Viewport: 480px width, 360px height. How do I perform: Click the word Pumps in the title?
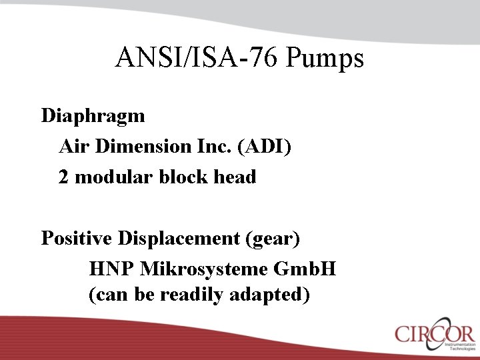coord(325,59)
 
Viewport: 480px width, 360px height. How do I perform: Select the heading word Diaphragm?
coord(93,116)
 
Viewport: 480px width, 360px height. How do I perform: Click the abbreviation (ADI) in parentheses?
coord(264,147)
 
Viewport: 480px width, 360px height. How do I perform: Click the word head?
coord(233,177)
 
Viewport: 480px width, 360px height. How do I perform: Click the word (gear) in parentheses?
coord(273,239)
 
